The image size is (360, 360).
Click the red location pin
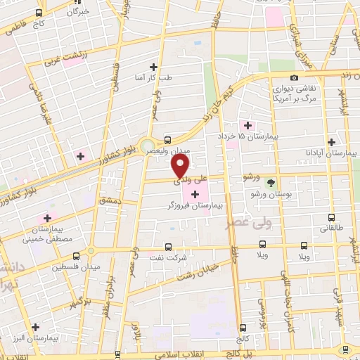181,167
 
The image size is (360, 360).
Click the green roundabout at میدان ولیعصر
148,147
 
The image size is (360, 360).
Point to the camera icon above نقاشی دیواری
294,77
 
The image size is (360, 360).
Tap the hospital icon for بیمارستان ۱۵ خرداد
247,124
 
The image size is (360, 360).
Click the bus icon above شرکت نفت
167,247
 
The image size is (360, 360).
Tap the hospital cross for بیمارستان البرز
35,327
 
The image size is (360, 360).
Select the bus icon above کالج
243,328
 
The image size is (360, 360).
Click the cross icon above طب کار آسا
154,67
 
